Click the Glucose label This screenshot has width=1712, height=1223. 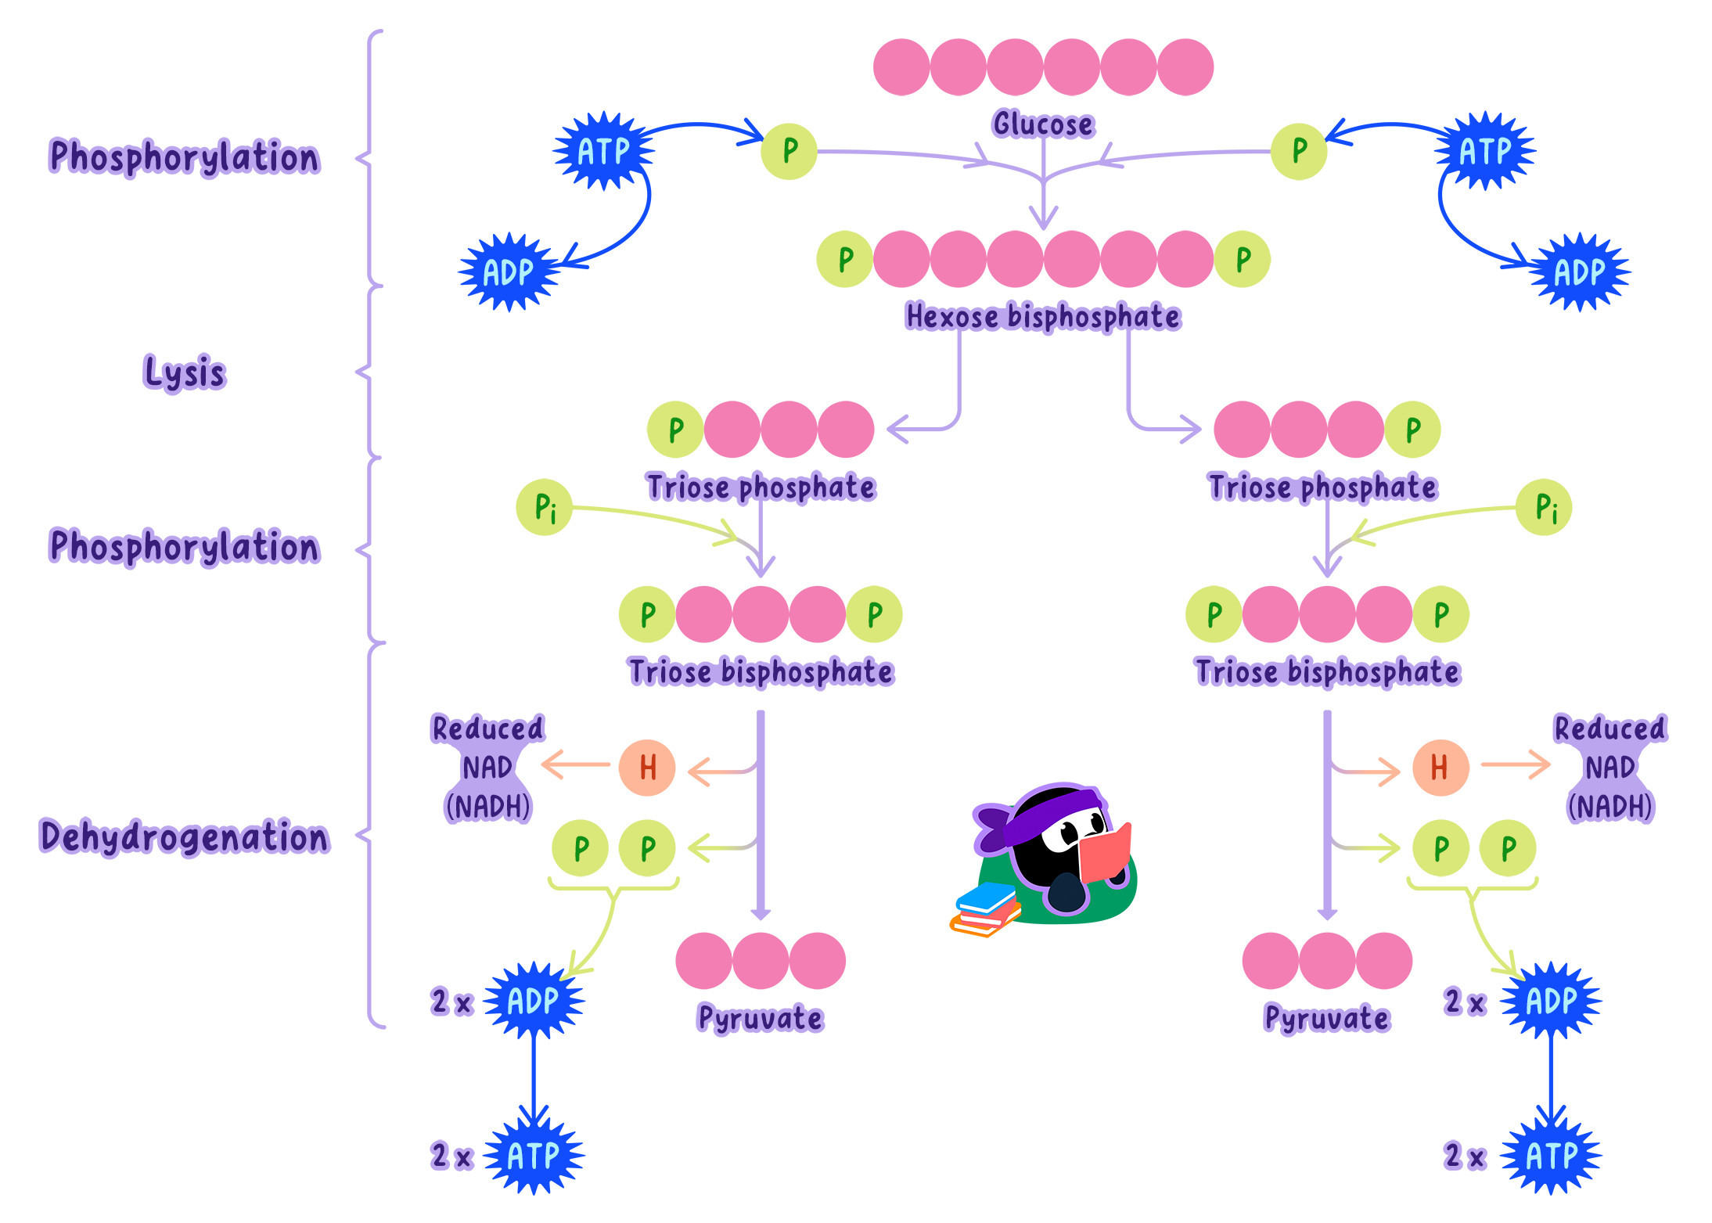tap(1042, 124)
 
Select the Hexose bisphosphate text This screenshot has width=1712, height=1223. tap(1042, 317)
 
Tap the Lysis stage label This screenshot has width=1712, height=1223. tap(185, 373)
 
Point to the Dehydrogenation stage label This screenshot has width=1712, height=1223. tap(185, 837)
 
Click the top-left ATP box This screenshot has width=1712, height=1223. tap(603, 151)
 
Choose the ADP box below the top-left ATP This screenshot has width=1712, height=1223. tap(509, 272)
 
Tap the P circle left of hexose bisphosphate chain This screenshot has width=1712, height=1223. tap(845, 259)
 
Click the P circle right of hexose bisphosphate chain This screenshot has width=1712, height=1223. tap(1243, 259)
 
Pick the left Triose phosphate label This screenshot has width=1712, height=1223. tap(760, 487)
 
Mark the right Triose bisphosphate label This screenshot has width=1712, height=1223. tap(1327, 672)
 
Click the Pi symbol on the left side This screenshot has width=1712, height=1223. tap(545, 508)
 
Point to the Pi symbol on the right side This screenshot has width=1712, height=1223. tap(1546, 508)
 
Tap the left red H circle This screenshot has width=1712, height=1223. tap(647, 768)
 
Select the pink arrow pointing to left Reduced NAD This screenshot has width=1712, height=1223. tap(575, 764)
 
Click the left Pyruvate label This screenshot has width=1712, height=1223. tap(760, 1019)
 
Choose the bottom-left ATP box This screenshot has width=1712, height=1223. tap(534, 1156)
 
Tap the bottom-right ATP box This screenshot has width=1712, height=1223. tap(1551, 1156)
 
